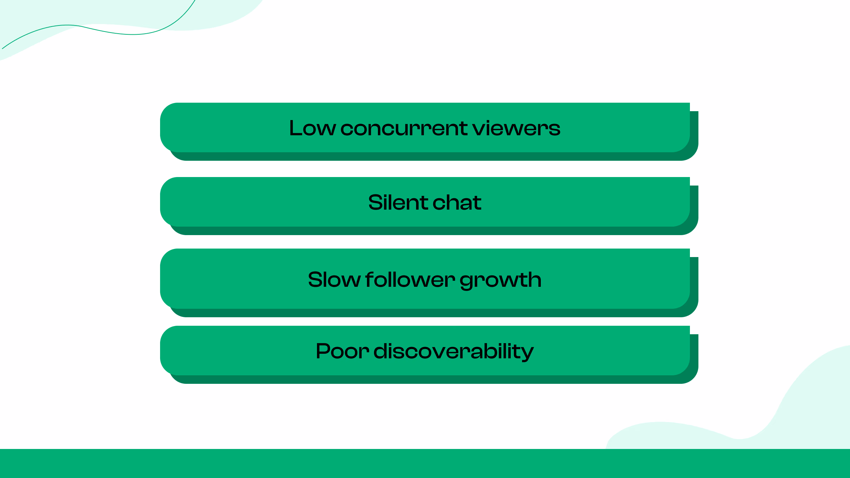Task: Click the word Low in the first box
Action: point(312,128)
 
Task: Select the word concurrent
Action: point(403,128)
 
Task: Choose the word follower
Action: point(410,280)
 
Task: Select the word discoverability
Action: point(453,351)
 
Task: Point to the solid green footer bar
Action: point(425,463)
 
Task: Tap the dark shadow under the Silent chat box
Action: point(425,231)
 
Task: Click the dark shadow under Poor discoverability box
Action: point(425,380)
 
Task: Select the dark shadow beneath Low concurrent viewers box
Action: point(425,157)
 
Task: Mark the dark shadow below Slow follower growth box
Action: point(425,313)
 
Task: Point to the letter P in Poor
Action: point(322,351)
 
